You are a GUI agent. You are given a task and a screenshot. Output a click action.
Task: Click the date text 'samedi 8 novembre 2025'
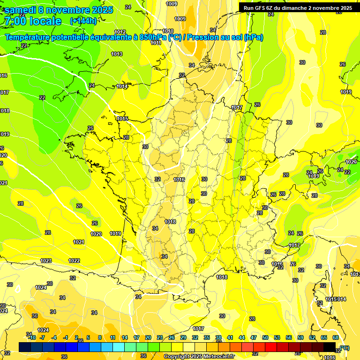click(x=59, y=10)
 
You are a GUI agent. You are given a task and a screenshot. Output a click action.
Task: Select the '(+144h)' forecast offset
click(x=83, y=21)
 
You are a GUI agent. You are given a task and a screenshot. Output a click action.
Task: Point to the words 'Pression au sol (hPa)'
click(x=225, y=37)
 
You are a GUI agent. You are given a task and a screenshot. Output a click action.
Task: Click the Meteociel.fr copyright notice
click(x=199, y=356)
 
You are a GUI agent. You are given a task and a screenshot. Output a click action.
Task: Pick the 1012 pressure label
click(x=120, y=32)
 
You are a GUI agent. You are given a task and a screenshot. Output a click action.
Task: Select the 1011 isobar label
click(x=156, y=43)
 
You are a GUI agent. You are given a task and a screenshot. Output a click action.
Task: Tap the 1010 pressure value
click(x=168, y=31)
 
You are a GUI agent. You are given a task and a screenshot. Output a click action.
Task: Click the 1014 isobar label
click(x=122, y=86)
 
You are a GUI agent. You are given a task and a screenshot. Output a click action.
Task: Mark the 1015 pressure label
click(x=123, y=119)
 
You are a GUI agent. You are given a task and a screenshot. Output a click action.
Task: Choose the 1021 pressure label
click(x=79, y=242)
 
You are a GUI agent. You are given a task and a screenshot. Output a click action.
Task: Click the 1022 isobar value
click(x=74, y=261)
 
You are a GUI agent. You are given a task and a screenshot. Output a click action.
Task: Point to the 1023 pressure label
click(x=46, y=261)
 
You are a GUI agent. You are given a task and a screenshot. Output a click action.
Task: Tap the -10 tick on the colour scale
click(x=32, y=337)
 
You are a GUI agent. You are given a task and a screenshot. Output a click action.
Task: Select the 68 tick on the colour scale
click(x=336, y=337)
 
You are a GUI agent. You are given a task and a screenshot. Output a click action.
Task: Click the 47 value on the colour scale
click(x=254, y=337)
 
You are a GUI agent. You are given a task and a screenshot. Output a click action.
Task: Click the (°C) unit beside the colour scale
click(x=345, y=347)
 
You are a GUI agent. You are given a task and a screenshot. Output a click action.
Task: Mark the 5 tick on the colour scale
click(x=88, y=337)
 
